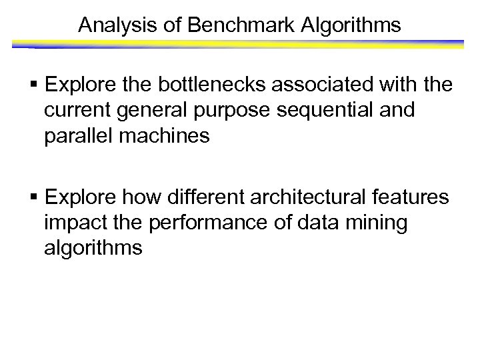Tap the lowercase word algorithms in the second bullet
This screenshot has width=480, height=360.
(93, 248)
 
